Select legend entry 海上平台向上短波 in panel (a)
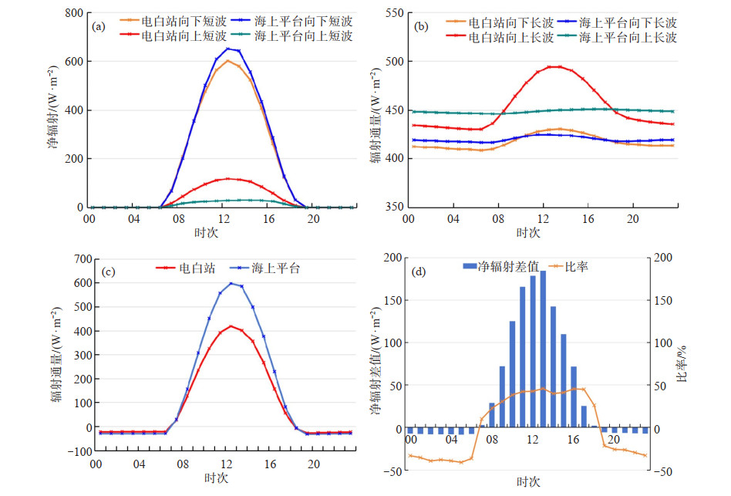302,36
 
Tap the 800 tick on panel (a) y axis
72,13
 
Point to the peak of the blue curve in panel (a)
227,49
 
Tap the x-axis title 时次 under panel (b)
527,232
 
